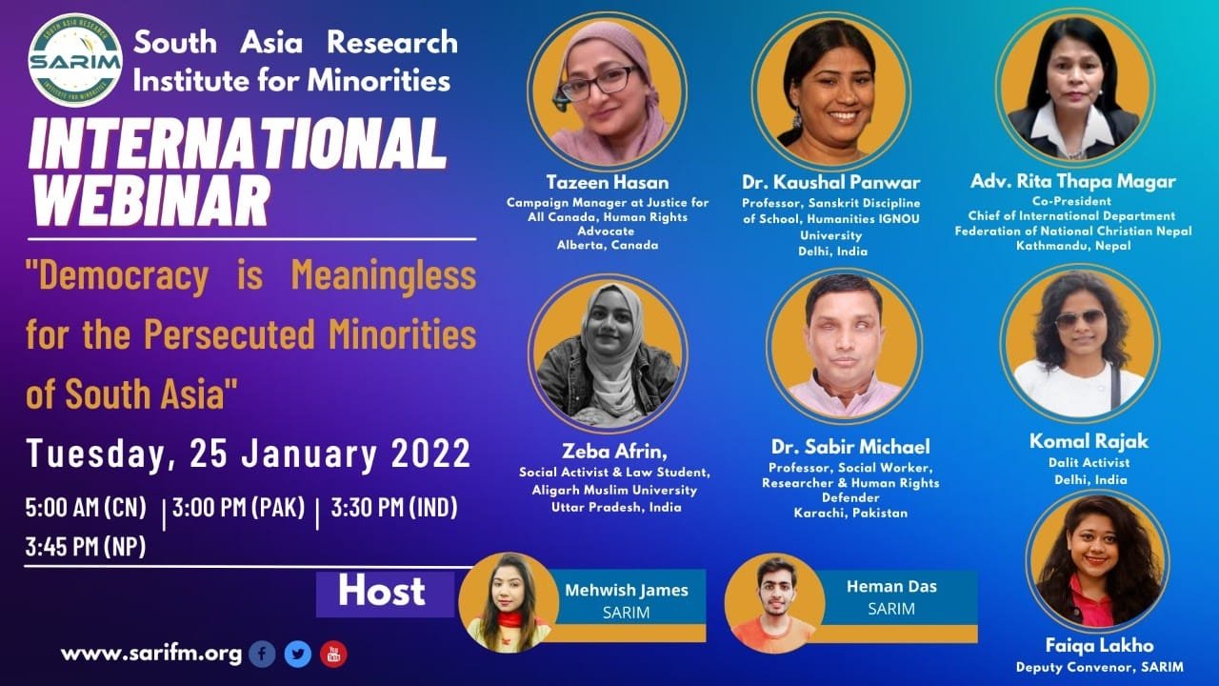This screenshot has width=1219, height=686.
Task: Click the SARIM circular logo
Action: pyautogui.click(x=75, y=60)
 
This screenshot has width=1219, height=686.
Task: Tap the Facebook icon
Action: pyautogui.click(x=262, y=654)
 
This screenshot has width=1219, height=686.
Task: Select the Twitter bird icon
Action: pyautogui.click(x=298, y=654)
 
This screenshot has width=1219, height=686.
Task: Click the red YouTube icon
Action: pyautogui.click(x=333, y=654)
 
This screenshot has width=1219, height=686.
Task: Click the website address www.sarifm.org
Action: pyautogui.click(x=151, y=654)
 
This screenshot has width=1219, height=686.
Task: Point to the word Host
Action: pyautogui.click(x=382, y=592)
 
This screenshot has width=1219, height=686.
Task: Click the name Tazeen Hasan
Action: pyautogui.click(x=608, y=182)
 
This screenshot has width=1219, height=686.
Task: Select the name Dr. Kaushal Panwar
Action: pyautogui.click(x=831, y=182)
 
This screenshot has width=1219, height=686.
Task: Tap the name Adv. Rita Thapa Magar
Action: pyautogui.click(x=1073, y=181)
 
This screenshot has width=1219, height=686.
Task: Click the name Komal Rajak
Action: pyautogui.click(x=1089, y=441)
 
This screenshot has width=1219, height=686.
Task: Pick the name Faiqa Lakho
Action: pyautogui.click(x=1100, y=645)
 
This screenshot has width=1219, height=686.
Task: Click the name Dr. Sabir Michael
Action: pyautogui.click(x=850, y=447)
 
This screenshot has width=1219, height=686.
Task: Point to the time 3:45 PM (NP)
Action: pyautogui.click(x=86, y=547)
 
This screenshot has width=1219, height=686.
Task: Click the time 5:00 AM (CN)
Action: pyautogui.click(x=86, y=508)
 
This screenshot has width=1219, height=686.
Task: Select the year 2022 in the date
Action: pyautogui.click(x=431, y=453)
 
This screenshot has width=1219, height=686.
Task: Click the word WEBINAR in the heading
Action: pyautogui.click(x=151, y=200)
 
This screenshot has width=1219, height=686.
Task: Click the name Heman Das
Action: pyautogui.click(x=891, y=586)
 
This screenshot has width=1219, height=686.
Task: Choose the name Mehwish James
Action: pyautogui.click(x=627, y=590)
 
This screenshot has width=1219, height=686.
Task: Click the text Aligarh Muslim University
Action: pyautogui.click(x=614, y=490)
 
